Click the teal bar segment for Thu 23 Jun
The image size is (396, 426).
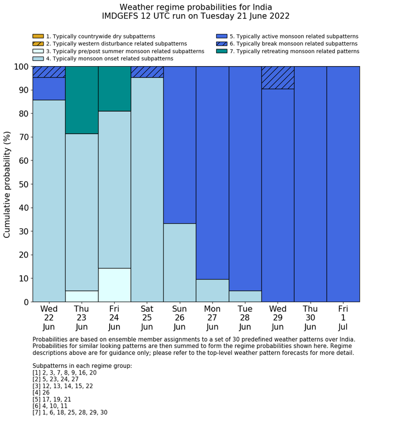pos(81,100)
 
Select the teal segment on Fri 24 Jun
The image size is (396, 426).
pos(114,89)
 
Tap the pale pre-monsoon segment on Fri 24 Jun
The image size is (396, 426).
pos(114,285)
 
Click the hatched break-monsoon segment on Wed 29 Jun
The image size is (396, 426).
pos(278,77)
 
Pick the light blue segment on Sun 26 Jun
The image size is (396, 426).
pos(179,263)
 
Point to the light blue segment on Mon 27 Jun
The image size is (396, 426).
pos(212,290)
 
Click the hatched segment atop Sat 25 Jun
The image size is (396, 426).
pos(147,72)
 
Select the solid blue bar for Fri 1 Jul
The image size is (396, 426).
pos(343,184)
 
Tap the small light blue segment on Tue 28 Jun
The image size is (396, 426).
pos(245,296)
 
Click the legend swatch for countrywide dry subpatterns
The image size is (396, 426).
pos(38,36)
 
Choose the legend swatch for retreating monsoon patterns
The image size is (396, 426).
pos(222,51)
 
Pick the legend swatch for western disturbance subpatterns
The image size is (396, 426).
pos(38,44)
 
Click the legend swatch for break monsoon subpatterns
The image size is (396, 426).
pos(222,44)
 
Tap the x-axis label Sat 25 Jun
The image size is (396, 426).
pos(147,318)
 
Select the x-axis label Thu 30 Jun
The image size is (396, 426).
pos(310,318)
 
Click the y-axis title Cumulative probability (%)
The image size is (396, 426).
pos(7,184)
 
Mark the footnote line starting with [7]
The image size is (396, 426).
pos(70,412)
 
